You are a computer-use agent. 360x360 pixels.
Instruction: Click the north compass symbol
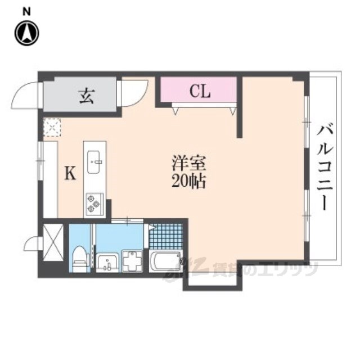[x=26, y=33]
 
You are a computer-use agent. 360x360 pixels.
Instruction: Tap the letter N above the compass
[x=26, y=11]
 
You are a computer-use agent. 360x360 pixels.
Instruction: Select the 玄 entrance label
[x=85, y=96]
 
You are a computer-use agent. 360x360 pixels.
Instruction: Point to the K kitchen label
[x=70, y=174]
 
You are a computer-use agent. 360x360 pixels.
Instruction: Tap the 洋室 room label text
[x=190, y=164]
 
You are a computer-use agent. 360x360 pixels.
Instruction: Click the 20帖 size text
[x=190, y=182]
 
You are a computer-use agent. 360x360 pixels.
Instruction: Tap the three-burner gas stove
[x=93, y=204]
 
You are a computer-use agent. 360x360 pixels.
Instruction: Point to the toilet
[x=80, y=259]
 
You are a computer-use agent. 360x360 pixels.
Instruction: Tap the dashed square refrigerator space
[x=52, y=129]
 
